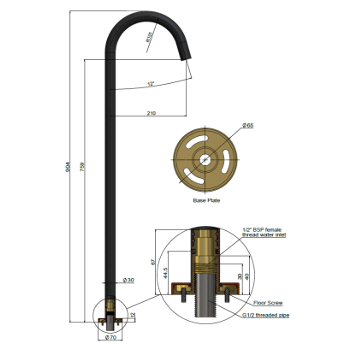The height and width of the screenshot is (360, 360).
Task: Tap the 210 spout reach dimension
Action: coord(151,113)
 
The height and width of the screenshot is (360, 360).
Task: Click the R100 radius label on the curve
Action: coord(149,36)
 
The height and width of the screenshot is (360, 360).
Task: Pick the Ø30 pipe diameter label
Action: coord(128,280)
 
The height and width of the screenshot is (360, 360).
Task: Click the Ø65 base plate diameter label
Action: coord(248,125)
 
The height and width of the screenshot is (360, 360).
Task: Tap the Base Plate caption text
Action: coord(206,201)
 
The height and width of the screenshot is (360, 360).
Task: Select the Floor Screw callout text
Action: coord(268,303)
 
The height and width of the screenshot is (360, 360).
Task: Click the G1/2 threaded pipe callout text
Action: coord(266,315)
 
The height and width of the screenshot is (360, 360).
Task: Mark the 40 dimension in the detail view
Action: coord(247,276)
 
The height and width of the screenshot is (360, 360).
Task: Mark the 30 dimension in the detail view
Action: coord(239,277)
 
